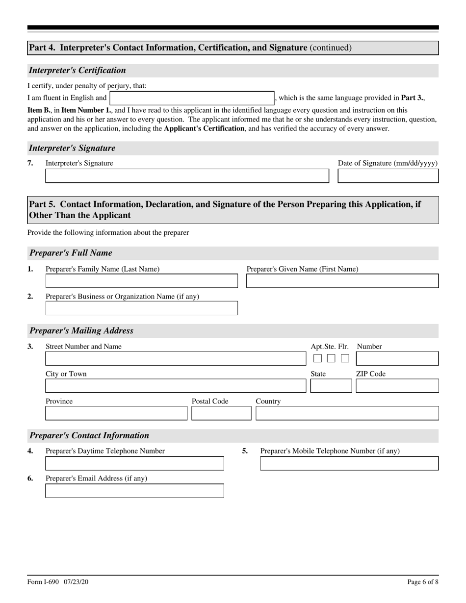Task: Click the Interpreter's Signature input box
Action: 187,176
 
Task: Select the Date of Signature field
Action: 388,176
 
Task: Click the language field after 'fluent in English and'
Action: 192,98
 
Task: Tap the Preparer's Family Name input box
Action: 141,281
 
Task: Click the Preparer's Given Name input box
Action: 342,281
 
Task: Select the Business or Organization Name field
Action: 141,308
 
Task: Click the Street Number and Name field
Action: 176,358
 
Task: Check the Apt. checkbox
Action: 317,358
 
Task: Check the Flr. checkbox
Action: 345,358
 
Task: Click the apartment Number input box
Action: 397,358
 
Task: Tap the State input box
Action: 331,386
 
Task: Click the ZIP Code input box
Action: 397,386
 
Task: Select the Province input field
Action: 116,413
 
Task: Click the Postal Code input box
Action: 221,413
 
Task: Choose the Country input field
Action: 347,413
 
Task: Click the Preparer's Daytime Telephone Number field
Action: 134,463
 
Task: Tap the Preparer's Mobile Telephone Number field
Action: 349,463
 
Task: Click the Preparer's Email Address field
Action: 134,491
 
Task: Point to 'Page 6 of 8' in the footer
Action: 423,582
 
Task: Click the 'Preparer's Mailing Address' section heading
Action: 81,330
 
